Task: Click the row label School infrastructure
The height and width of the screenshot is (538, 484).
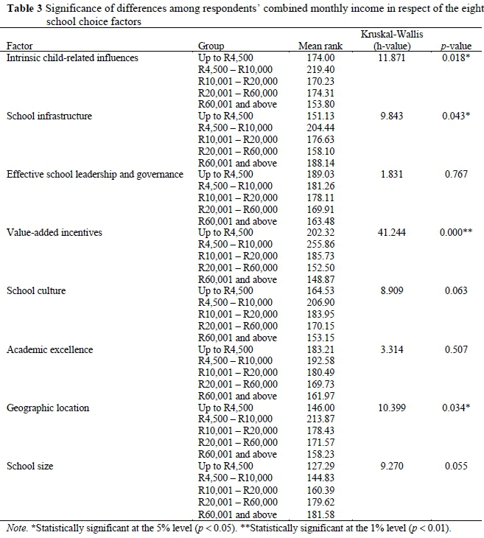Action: coord(49,116)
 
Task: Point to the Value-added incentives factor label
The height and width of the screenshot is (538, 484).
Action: coord(55,232)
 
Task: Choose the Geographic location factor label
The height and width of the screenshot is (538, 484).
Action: coord(48,408)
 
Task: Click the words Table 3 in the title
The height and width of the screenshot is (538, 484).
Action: coord(24,8)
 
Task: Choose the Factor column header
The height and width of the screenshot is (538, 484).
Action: coord(21,46)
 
